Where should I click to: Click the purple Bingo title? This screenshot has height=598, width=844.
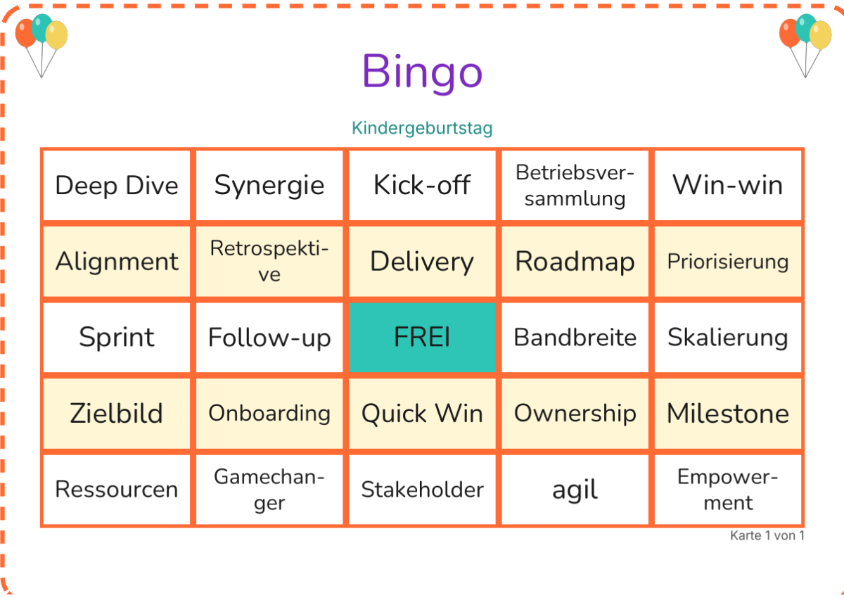[x=422, y=72]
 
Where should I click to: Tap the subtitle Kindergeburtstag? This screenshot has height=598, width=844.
[x=422, y=129]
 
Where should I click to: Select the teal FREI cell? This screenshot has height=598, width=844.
[x=422, y=337]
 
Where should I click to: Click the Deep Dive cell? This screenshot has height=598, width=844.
[x=117, y=186]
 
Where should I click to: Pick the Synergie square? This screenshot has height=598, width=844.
[x=269, y=186]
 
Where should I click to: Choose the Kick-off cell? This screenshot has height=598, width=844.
[x=422, y=186]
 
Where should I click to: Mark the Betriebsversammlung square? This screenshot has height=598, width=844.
[x=575, y=186]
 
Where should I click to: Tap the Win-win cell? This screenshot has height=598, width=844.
[x=727, y=186]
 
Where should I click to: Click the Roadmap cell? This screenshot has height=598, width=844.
[x=575, y=262]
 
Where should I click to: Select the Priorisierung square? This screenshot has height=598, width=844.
[x=727, y=262]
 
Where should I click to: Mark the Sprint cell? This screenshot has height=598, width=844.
[x=117, y=337]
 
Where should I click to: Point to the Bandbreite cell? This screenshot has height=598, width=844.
[x=575, y=337]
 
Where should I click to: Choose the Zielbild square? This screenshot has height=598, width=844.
[x=117, y=414]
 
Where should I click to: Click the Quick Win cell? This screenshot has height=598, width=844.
[x=422, y=414]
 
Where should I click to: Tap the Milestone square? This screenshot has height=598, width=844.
[x=727, y=414]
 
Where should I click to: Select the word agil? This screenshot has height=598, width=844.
[x=575, y=490]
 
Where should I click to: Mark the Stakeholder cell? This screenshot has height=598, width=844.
[x=422, y=490]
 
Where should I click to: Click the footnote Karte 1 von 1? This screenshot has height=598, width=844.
[x=767, y=535]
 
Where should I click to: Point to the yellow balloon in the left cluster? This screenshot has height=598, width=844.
[x=56, y=35]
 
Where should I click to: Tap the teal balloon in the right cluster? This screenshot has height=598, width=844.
[x=805, y=27]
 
